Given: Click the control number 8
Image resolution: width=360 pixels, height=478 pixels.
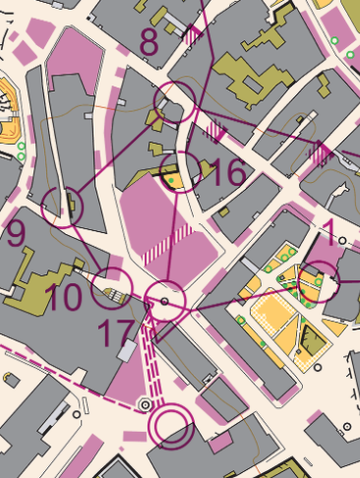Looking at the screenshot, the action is (150, 42).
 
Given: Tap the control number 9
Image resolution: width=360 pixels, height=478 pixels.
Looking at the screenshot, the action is (15, 234).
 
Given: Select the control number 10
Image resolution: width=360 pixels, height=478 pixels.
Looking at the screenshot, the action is (63, 296).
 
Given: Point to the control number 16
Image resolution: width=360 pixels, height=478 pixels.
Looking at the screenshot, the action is (227, 172).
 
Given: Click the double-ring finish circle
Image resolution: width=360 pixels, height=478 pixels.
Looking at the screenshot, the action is (171, 425).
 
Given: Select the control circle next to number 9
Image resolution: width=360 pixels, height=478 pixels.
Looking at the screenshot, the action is (65, 206).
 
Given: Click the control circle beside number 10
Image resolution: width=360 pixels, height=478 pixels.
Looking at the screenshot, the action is (111, 287).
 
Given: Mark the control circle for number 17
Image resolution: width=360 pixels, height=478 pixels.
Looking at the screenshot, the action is (165, 301).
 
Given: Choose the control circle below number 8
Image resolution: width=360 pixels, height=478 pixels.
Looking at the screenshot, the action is (174, 102).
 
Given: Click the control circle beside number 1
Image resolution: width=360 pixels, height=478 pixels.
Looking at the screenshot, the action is (318, 281).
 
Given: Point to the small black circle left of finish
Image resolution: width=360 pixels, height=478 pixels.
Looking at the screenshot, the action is (147, 403).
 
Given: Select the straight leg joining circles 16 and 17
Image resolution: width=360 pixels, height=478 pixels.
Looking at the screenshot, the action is (173, 236).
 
